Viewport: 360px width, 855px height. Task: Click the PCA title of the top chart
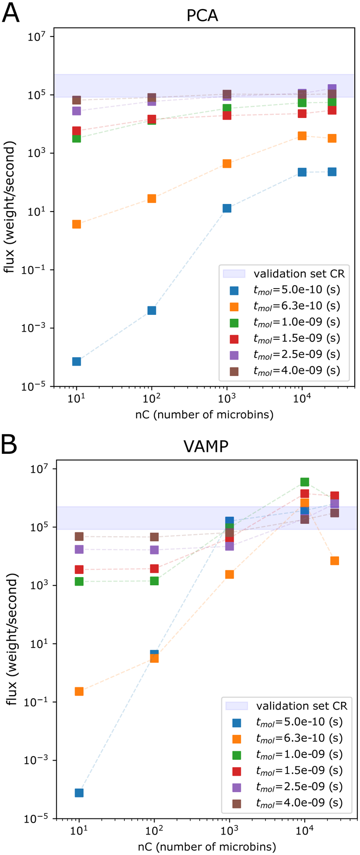[x=202, y=16]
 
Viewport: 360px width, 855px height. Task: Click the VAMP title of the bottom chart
[x=205, y=446]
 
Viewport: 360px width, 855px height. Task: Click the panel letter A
[x=11, y=13]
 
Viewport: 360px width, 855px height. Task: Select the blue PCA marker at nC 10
[x=77, y=361]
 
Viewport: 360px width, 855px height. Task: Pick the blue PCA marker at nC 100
[x=152, y=310]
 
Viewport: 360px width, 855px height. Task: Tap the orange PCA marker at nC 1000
[x=227, y=164]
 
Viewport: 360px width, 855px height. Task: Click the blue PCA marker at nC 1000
[x=227, y=208]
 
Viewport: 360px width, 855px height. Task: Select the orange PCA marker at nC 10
[x=77, y=224]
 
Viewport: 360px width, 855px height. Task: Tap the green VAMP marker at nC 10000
[x=305, y=482]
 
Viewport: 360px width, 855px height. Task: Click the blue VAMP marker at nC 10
[x=79, y=793]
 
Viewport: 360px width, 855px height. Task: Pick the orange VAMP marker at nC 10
[x=79, y=692]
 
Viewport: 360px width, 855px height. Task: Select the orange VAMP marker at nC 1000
[x=229, y=574]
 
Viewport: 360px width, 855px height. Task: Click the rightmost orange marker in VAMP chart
[x=335, y=561]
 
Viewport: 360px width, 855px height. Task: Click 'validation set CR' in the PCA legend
[x=299, y=273]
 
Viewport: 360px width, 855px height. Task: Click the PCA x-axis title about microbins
[x=204, y=415]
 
